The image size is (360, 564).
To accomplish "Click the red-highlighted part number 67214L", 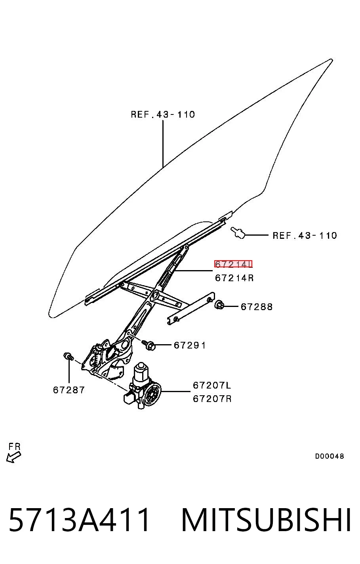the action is pos(233,264).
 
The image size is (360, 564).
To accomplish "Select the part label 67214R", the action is pos(234,278).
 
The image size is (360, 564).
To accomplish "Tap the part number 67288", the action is pos(257,307).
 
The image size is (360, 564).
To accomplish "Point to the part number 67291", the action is pos(190,345).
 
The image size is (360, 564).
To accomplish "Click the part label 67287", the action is pos(69,390).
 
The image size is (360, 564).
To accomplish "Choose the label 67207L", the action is pos(212,385).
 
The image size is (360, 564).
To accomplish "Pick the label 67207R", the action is pos(212,398).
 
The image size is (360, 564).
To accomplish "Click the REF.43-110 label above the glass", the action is pos(163,114).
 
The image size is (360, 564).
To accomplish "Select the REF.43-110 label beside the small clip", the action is pos(305,235).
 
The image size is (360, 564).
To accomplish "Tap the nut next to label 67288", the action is pos(219,305).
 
